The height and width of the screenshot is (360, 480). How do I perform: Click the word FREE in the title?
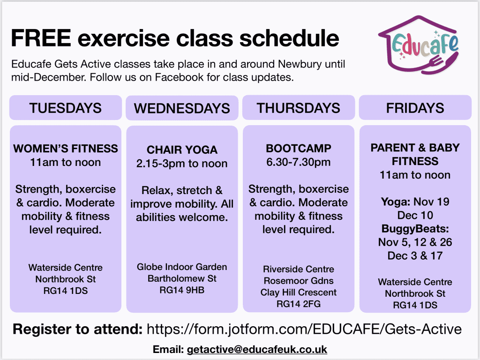41,38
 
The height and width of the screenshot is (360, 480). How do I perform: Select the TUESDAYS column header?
66,108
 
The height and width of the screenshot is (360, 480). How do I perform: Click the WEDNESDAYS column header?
182,108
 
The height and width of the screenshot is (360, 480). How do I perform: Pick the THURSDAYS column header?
299,108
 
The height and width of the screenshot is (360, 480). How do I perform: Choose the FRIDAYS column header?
415,108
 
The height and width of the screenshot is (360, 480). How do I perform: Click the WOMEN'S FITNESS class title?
66,149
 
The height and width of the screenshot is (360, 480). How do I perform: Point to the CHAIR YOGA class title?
182,150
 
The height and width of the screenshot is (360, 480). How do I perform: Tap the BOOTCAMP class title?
299,148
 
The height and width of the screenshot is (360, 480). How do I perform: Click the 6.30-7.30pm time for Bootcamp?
299,162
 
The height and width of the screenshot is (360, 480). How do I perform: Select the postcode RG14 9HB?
182,290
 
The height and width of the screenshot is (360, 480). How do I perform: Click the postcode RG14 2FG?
299,304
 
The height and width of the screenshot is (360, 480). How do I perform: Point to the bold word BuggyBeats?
415,229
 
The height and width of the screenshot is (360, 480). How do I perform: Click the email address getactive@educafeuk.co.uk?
257,349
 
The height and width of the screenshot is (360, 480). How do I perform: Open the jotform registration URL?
304,329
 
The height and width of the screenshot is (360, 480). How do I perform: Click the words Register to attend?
77,329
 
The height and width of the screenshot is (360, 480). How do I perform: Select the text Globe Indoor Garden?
182,267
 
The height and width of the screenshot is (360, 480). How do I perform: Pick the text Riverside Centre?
299,269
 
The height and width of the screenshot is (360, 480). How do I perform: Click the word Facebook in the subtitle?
179,77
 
